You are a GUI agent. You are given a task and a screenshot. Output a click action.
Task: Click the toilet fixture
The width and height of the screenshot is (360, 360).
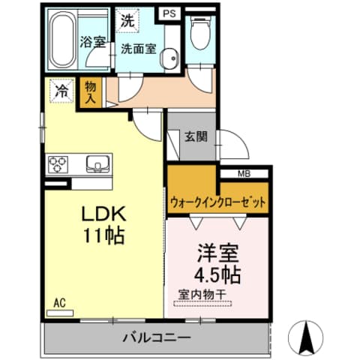(x=199, y=33)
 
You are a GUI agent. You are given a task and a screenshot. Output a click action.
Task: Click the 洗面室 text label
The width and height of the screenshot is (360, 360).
(x=140, y=48)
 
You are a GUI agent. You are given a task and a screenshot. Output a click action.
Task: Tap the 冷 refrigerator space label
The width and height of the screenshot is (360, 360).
(x=61, y=91)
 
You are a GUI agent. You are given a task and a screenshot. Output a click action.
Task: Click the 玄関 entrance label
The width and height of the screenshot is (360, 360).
(x=196, y=136)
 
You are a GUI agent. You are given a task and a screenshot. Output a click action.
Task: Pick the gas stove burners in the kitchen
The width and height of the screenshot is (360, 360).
(x=59, y=163)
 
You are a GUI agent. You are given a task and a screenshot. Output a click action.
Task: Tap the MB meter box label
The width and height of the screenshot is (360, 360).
(x=244, y=174)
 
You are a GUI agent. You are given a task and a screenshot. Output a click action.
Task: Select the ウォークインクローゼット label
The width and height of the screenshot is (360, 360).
(x=217, y=201)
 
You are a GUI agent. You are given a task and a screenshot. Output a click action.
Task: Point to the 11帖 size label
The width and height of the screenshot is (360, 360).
(x=102, y=234)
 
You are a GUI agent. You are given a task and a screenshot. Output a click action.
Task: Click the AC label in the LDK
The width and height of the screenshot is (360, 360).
(x=60, y=303)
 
